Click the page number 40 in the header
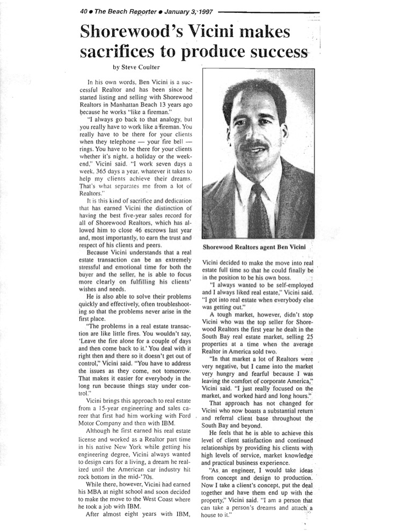pyautogui.click(x=83, y=11)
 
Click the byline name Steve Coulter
pyautogui.click(x=143, y=68)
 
